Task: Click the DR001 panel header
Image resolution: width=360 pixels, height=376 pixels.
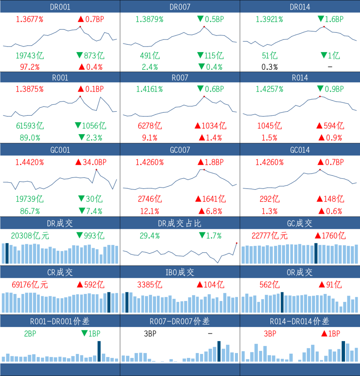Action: [x=60, y=7]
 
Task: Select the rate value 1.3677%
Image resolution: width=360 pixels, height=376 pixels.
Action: [x=29, y=19]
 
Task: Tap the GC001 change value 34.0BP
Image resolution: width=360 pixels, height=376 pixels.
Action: [x=95, y=162]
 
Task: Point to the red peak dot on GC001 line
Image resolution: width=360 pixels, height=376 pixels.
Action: [x=96, y=169]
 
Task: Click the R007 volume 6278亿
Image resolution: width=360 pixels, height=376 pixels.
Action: [x=150, y=126]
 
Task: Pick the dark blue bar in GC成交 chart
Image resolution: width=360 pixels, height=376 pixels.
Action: [x=316, y=254]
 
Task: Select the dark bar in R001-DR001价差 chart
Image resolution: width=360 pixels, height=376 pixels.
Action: [x=99, y=351]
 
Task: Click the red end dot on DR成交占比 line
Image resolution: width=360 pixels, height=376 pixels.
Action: [x=237, y=243]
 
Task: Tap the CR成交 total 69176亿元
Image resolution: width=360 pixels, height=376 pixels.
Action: [x=30, y=285]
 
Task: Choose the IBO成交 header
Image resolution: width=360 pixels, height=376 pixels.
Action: [x=180, y=272]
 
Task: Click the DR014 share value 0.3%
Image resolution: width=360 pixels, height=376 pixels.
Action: [x=269, y=67]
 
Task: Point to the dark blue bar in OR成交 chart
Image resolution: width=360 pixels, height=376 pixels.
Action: [x=282, y=302]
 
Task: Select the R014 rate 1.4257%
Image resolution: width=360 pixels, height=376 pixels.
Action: [x=269, y=89]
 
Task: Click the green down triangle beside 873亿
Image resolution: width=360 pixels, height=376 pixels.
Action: [x=80, y=55]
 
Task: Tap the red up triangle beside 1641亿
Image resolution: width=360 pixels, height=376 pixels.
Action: [x=198, y=199]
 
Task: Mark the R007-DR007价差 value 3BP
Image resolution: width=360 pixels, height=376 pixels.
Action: [x=150, y=334]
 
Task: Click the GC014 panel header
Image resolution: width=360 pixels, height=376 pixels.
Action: [x=300, y=150]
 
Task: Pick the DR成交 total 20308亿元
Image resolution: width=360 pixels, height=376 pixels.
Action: [x=30, y=236]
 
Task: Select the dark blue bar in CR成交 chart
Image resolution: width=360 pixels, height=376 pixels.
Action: [x=109, y=302]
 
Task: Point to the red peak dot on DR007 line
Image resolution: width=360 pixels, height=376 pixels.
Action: [x=204, y=27]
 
